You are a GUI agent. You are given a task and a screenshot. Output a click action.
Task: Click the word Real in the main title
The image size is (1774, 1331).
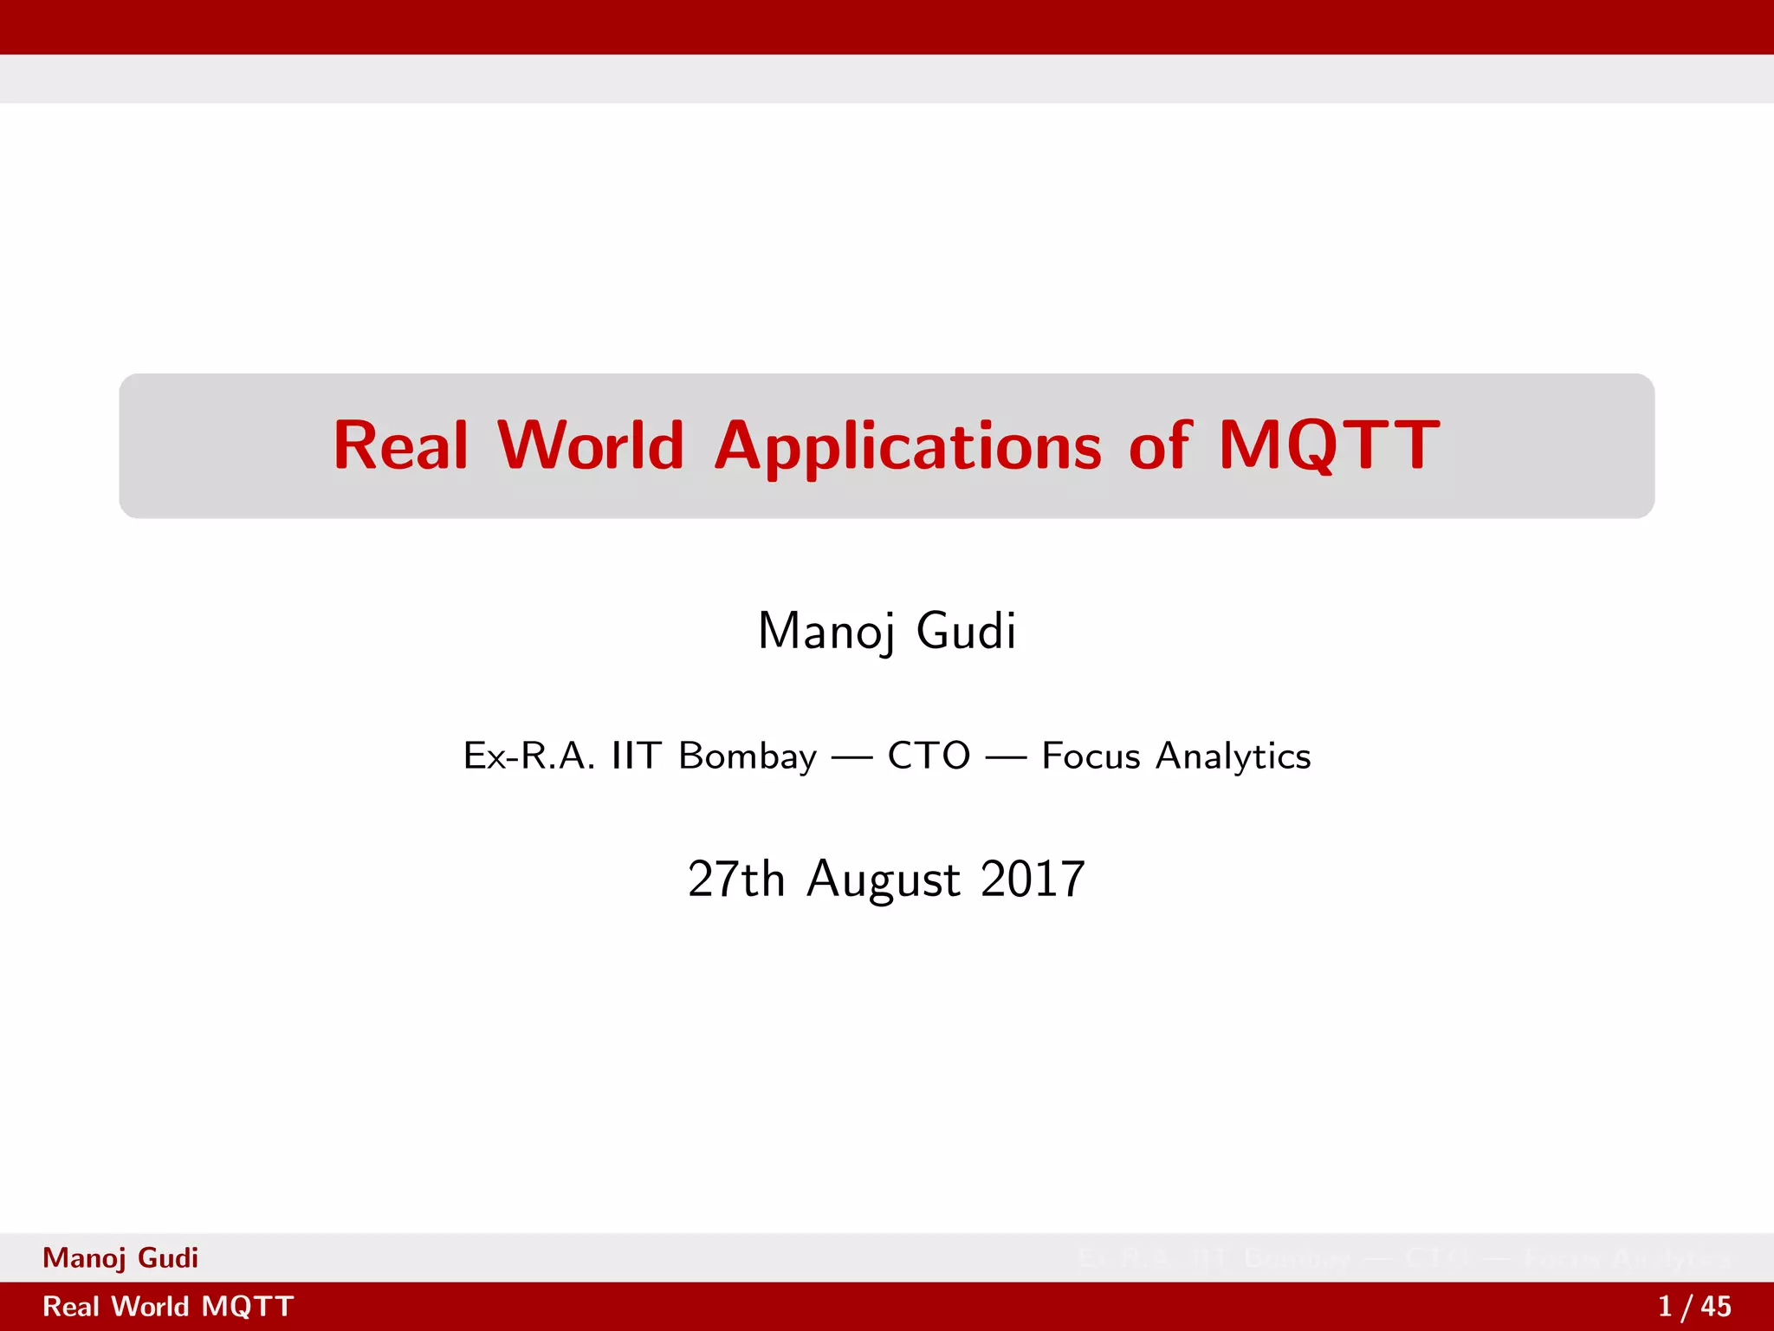click(x=401, y=445)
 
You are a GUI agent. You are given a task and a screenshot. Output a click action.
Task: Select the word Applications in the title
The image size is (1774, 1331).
click(x=908, y=447)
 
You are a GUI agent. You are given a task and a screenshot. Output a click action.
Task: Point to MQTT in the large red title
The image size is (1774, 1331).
click(x=1329, y=445)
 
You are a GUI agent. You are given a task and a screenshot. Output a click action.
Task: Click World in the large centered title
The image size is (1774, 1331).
click(x=591, y=445)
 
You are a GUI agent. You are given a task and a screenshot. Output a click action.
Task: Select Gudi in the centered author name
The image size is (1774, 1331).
click(x=966, y=631)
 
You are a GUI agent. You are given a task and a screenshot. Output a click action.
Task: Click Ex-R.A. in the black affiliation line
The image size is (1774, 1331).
click(x=529, y=756)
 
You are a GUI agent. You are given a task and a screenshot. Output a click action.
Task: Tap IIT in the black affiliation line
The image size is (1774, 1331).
click(x=637, y=756)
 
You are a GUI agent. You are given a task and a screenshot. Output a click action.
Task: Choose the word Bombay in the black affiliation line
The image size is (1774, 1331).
click(x=748, y=756)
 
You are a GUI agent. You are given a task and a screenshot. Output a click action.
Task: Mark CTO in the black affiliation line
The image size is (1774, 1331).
click(x=929, y=756)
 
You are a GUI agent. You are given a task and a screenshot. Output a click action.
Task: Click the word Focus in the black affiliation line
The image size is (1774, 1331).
click(x=1091, y=756)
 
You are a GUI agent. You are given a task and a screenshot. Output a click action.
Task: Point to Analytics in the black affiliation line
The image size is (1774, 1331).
click(x=1233, y=756)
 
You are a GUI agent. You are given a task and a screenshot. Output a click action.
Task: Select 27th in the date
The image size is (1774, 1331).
click(x=735, y=879)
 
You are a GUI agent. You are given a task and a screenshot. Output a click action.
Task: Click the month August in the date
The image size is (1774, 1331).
click(x=884, y=880)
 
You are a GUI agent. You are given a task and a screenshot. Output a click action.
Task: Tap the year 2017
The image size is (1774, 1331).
click(x=1033, y=879)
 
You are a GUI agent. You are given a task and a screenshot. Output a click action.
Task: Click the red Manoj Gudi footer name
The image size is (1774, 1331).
click(x=120, y=1258)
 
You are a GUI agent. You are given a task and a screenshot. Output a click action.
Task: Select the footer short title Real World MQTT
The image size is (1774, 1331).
click(x=168, y=1307)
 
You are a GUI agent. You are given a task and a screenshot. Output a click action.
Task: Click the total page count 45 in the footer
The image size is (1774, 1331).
click(x=1715, y=1307)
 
